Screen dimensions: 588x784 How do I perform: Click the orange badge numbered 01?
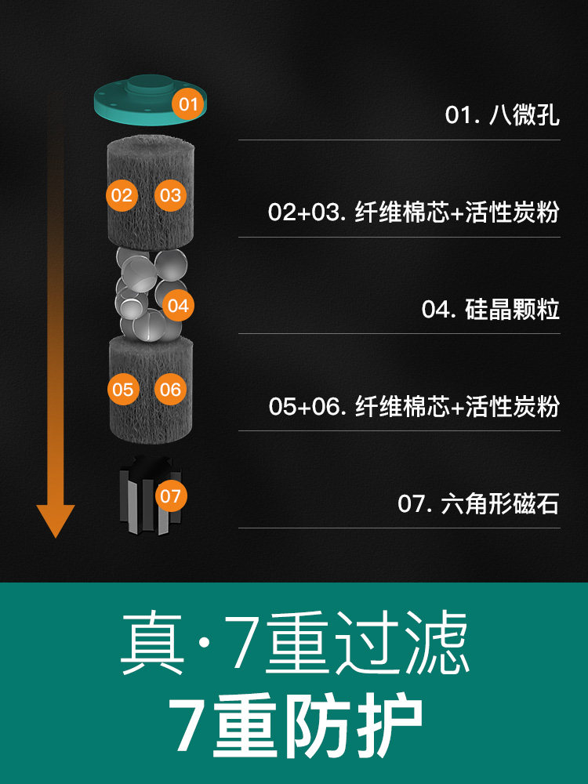pos(187,103)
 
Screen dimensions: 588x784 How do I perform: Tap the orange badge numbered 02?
pos(122,195)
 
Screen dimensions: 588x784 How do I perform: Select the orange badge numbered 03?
pos(170,195)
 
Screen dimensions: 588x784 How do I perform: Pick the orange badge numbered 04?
pos(178,306)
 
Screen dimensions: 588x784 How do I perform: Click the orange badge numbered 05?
pos(123,388)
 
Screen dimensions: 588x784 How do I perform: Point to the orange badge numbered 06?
pos(170,388)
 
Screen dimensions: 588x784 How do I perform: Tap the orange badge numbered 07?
pos(170,495)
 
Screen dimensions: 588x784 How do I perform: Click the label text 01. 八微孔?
pos(502,115)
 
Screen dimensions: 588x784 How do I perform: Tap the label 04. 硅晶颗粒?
pos(490,309)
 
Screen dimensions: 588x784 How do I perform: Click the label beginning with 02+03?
pos(413,212)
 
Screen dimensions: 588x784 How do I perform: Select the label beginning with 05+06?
pos(413,406)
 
